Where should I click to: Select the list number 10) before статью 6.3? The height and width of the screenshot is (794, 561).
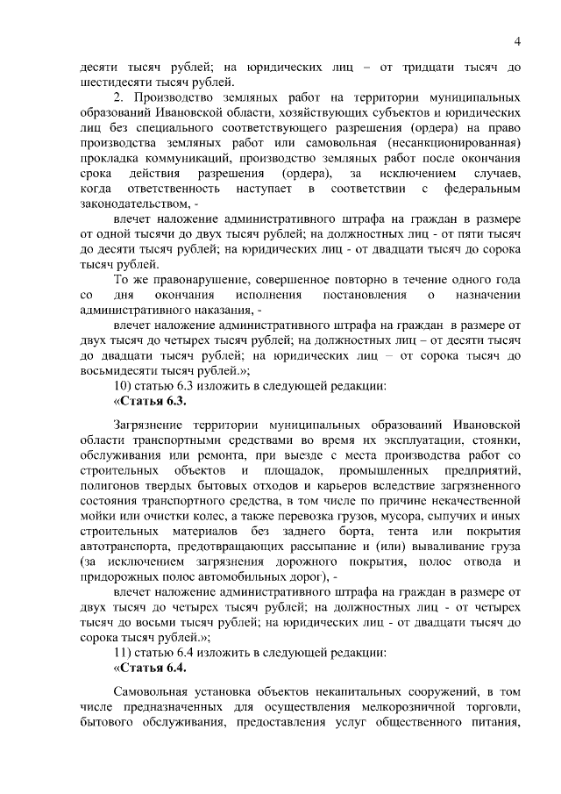pos(127,384)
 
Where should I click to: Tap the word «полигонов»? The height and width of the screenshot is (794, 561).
pos(111,485)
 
